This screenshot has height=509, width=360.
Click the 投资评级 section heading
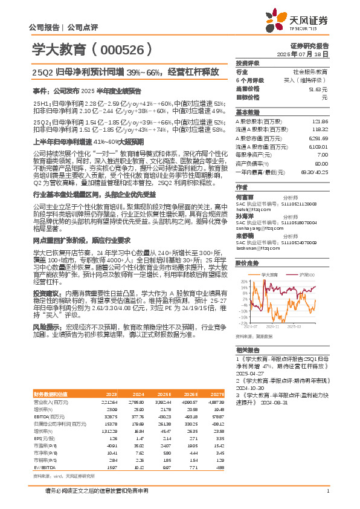[247, 63]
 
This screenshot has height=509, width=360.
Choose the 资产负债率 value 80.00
[322, 164]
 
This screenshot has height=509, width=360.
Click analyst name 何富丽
[245, 197]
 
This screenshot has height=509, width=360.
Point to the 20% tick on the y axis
[243, 281]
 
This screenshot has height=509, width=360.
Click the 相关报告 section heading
[247, 350]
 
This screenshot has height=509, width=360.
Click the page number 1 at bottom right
[327, 491]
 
